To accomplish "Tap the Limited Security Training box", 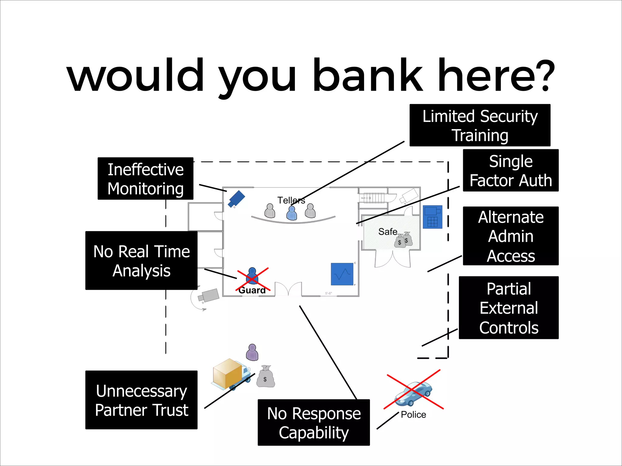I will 480,125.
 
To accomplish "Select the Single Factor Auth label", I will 511,171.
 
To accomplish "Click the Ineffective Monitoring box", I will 145,179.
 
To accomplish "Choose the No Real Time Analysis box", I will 142,261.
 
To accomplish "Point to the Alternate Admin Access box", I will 511,236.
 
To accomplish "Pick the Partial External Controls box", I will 509,308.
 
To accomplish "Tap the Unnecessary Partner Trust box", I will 142,400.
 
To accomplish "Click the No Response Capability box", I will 314,423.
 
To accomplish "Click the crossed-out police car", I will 413,393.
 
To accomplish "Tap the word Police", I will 413,415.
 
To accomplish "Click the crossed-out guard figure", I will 252,277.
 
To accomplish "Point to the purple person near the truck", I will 252,352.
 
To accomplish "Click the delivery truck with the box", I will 231,374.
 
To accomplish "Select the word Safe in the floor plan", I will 388,232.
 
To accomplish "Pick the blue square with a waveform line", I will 342,274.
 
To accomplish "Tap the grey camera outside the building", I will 209,295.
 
